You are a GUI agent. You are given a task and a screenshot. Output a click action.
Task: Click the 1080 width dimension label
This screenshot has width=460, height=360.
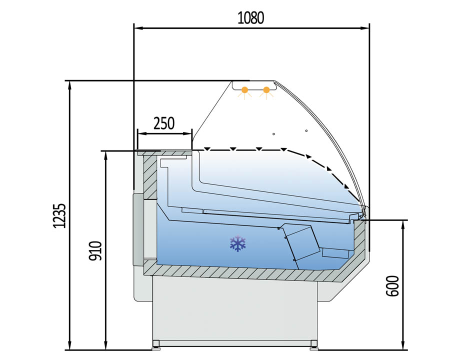click(x=251, y=18)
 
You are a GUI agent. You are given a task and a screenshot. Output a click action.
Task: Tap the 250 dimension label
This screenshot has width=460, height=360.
click(x=164, y=123)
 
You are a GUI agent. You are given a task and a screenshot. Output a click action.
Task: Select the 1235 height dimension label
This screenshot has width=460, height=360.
click(x=60, y=215)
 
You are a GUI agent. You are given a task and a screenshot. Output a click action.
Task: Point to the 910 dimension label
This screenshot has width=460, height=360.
click(x=95, y=251)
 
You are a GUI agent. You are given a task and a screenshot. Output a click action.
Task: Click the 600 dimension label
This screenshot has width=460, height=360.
click(x=392, y=286)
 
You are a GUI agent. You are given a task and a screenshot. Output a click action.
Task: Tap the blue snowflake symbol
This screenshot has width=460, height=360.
click(x=237, y=243)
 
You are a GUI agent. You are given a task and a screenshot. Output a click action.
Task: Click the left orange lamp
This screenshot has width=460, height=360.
click(x=244, y=90)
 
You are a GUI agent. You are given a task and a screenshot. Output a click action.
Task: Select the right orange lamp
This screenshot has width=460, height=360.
click(x=266, y=90)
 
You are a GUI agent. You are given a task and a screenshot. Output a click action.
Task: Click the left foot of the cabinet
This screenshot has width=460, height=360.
click(x=156, y=344)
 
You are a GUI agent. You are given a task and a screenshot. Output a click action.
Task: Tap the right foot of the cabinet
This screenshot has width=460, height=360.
click(x=313, y=344)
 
